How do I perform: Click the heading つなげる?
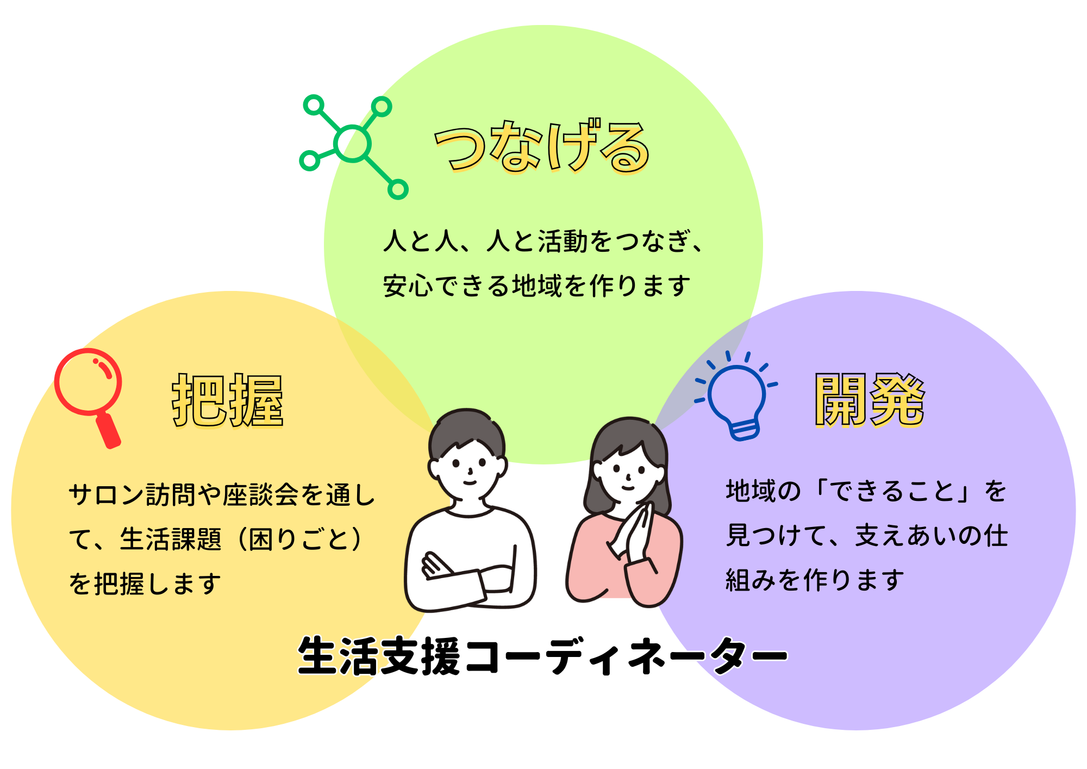coord(542,146)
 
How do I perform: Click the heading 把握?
coord(228,401)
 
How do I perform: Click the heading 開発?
coord(869,400)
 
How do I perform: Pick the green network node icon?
coord(353,147)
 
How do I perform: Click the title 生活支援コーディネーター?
coord(542,656)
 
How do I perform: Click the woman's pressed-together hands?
coord(633,533)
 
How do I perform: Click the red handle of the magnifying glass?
coord(109,431)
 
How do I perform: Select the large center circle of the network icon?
coord(353,144)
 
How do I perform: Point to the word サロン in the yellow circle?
coord(107,495)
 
